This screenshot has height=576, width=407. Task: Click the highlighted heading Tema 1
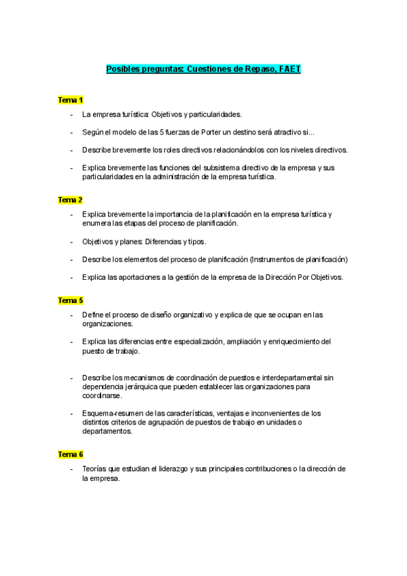tap(70, 100)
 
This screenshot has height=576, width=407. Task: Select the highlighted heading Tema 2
tap(70, 200)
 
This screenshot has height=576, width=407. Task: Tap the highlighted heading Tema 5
tap(70, 300)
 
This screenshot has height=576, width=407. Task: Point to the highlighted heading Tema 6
tap(70, 454)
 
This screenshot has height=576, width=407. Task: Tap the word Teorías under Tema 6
tap(94, 469)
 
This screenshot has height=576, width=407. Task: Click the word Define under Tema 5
tap(93, 314)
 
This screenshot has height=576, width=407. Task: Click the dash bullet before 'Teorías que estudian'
tap(71, 469)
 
